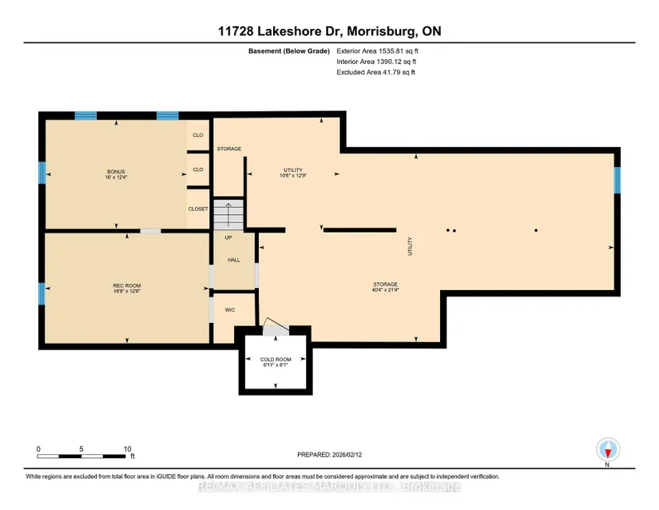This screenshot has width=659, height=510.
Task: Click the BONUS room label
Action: click(x=117, y=172)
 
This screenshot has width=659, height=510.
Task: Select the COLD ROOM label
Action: click(x=273, y=360)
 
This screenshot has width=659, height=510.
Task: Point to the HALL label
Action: click(x=233, y=260)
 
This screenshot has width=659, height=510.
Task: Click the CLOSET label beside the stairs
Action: click(x=198, y=209)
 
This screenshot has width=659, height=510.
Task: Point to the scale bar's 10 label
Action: click(x=127, y=448)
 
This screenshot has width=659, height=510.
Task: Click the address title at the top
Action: click(x=328, y=31)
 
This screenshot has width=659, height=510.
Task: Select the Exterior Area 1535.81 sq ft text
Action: click(x=376, y=50)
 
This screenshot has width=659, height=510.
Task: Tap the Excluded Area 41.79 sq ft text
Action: click(x=375, y=73)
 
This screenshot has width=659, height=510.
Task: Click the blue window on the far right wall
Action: click(x=617, y=180)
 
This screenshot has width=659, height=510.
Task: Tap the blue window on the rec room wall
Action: click(x=42, y=293)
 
